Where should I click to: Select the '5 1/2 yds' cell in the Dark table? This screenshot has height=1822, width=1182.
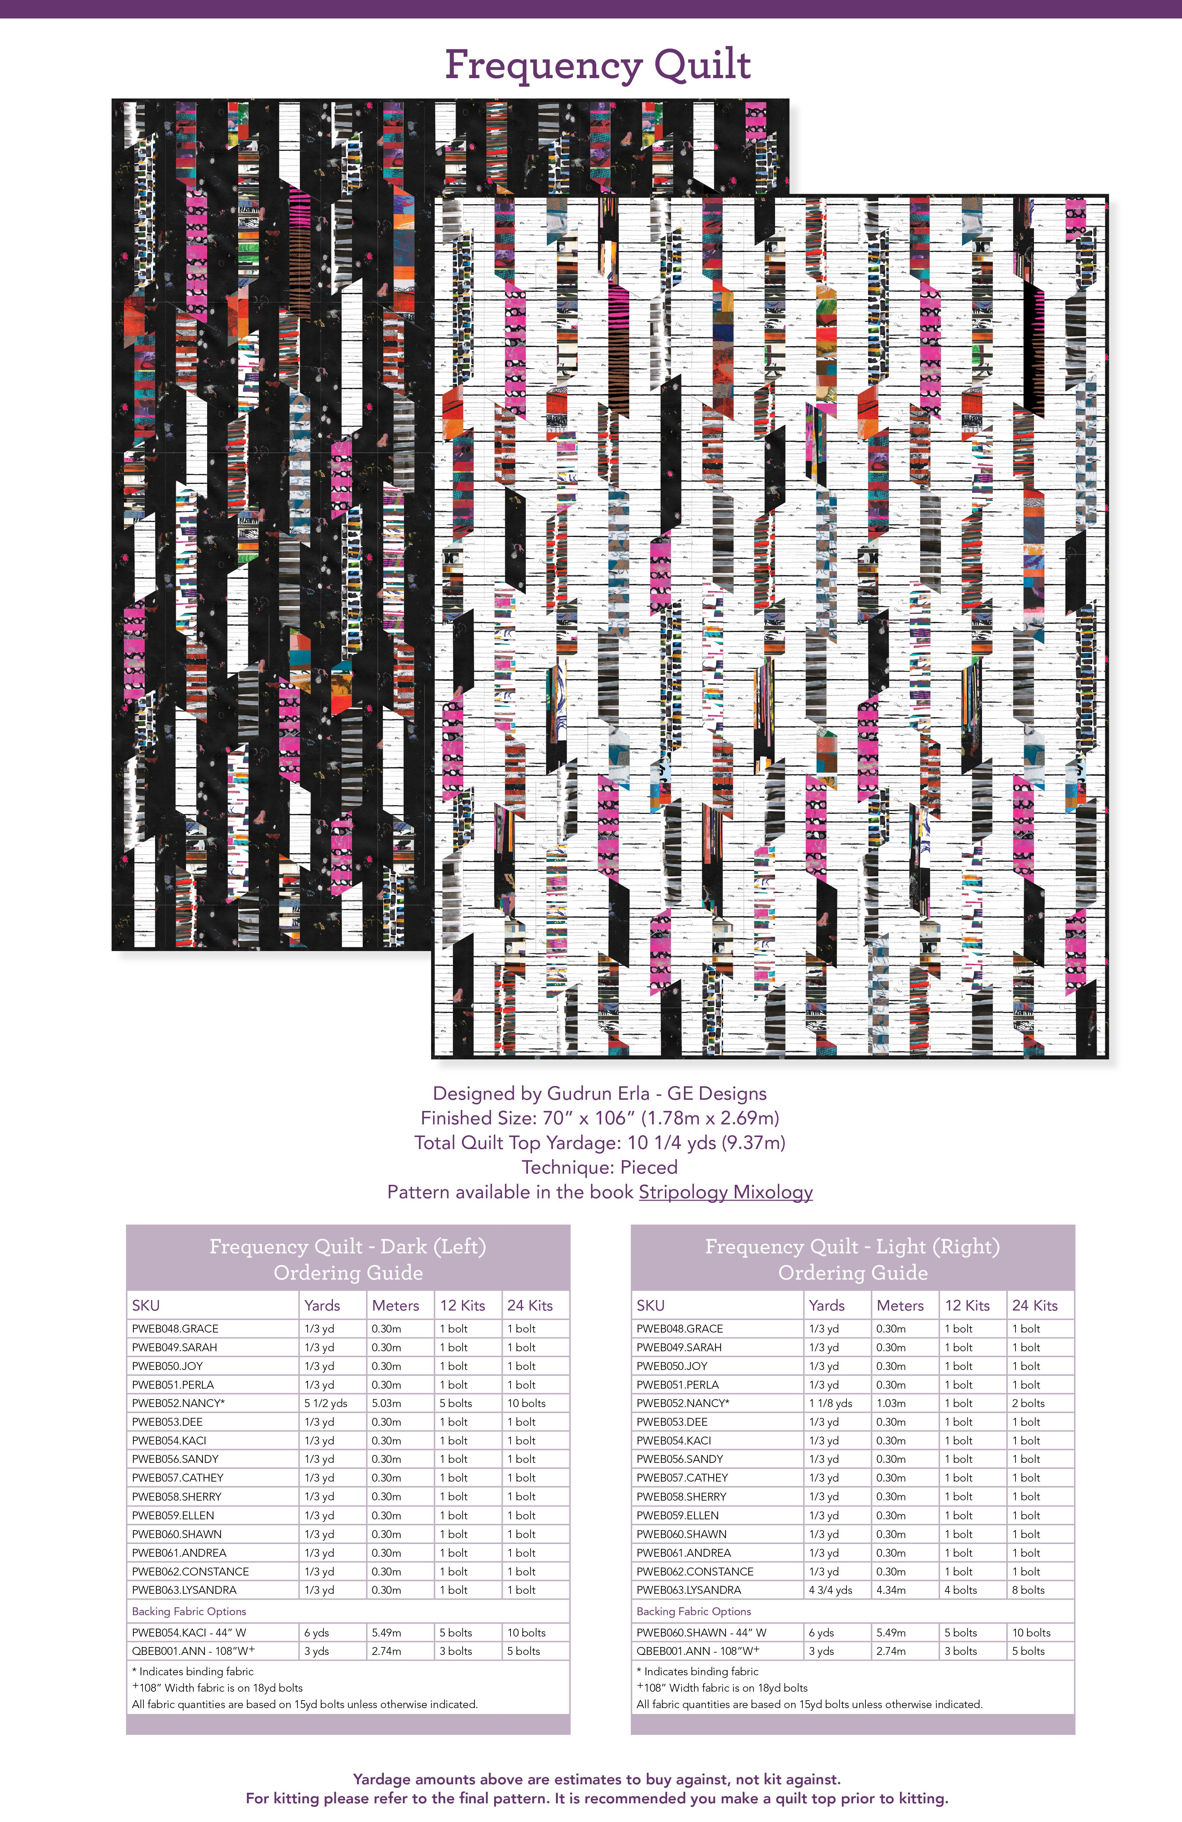[325, 1403]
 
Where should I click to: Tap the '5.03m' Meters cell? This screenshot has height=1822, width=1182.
[386, 1403]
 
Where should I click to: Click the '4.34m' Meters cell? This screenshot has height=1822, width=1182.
[891, 1590]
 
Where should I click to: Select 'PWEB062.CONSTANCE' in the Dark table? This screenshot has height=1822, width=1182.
[190, 1572]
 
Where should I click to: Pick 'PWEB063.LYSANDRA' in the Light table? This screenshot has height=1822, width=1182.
[688, 1590]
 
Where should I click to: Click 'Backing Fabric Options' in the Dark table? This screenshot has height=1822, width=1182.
[189, 1612]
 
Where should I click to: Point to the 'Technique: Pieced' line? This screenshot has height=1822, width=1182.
[600, 1167]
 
